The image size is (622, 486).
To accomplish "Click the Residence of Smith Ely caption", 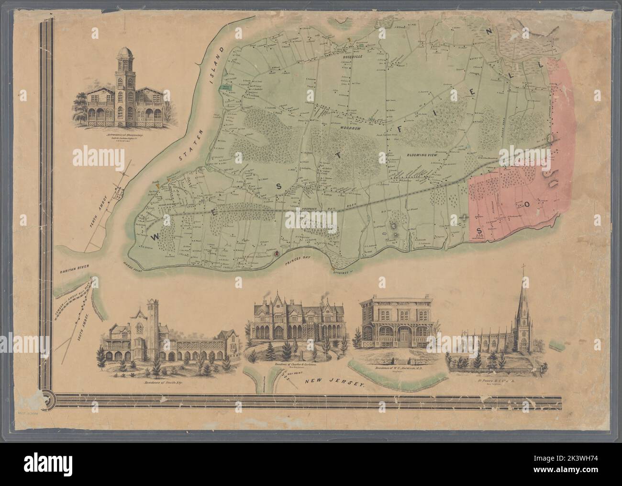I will [x=164, y=382].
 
